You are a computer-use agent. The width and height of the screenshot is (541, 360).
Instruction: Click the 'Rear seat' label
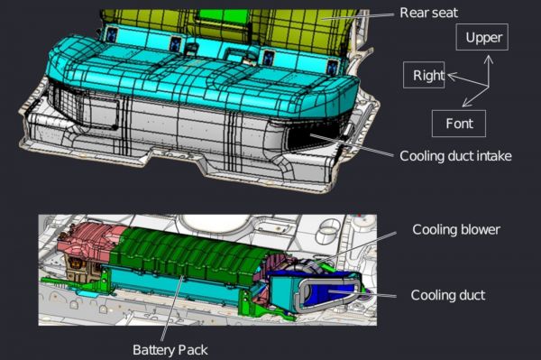428,13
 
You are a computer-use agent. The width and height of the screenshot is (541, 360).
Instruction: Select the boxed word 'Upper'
483,38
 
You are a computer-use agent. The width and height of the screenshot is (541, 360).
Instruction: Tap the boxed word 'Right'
429,75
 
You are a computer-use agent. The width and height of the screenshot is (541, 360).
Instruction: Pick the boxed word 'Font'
459,124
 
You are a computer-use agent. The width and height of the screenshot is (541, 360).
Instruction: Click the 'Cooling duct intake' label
455,156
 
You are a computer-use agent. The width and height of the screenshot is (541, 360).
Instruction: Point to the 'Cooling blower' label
456,229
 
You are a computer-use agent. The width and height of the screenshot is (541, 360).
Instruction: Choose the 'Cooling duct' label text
448,295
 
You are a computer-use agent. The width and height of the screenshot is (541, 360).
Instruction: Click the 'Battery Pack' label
170,350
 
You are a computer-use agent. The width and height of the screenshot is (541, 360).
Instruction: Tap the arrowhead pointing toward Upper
488,60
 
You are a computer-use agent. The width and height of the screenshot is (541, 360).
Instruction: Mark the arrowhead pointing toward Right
453,76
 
